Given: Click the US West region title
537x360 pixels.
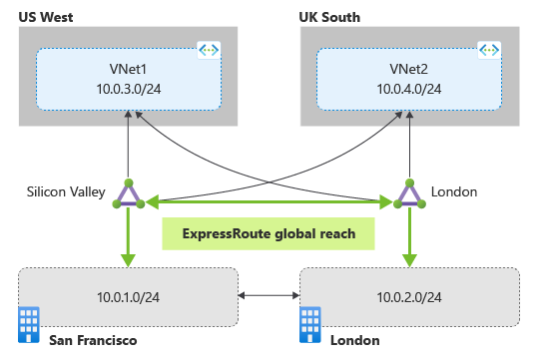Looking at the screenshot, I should tap(45, 17).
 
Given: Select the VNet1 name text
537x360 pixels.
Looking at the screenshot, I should tap(129, 69).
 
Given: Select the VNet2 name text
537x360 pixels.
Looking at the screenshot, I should tap(408, 69).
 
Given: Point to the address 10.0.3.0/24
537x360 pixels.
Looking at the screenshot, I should tap(129, 89).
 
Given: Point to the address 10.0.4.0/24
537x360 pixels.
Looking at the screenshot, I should tap(408, 89).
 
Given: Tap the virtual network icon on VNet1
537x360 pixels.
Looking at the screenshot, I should tap(209, 49).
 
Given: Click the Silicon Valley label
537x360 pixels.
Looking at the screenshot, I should tap(64, 192).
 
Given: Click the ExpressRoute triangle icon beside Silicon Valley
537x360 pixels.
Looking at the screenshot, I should tap(129, 193).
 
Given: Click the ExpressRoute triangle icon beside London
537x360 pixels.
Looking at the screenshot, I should tap(408, 193).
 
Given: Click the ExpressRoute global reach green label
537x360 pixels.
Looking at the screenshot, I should tap(269, 234).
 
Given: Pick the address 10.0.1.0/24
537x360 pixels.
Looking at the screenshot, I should tap(129, 296).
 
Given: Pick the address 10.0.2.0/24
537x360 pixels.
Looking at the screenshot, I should tap(409, 296).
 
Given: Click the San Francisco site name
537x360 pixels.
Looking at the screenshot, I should tap(92, 341).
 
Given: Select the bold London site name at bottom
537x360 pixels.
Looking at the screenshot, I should tap(354, 341).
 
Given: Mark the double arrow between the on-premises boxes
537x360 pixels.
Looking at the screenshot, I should tap(269, 296).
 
